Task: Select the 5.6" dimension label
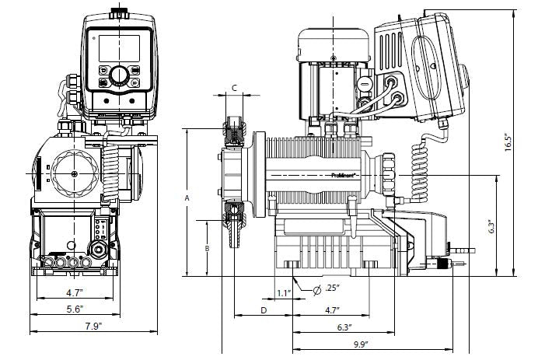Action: (x=75, y=308)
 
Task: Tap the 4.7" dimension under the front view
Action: (x=74, y=293)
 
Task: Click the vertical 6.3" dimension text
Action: (x=490, y=226)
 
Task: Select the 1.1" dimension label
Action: (x=284, y=293)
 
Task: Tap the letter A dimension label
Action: (x=187, y=199)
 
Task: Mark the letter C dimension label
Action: (x=235, y=89)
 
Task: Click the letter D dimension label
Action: (x=264, y=309)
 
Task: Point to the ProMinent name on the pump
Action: (x=343, y=176)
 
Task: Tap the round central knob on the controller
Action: (x=118, y=75)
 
